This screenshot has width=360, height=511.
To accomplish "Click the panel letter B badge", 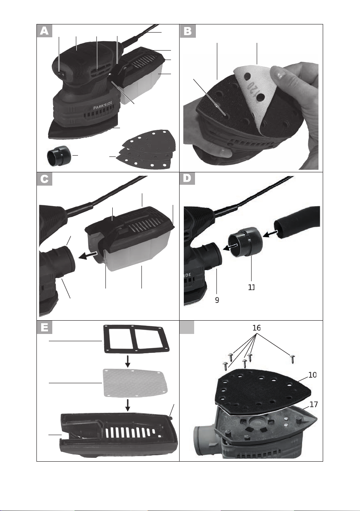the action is click(x=188, y=31).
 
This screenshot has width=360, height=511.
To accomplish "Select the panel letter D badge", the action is click(x=188, y=179).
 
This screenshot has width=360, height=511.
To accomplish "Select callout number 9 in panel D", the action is click(x=217, y=300).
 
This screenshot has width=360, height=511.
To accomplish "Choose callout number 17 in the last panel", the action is click(x=313, y=404).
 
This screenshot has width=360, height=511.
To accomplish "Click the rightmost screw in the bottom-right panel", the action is click(x=293, y=357).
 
